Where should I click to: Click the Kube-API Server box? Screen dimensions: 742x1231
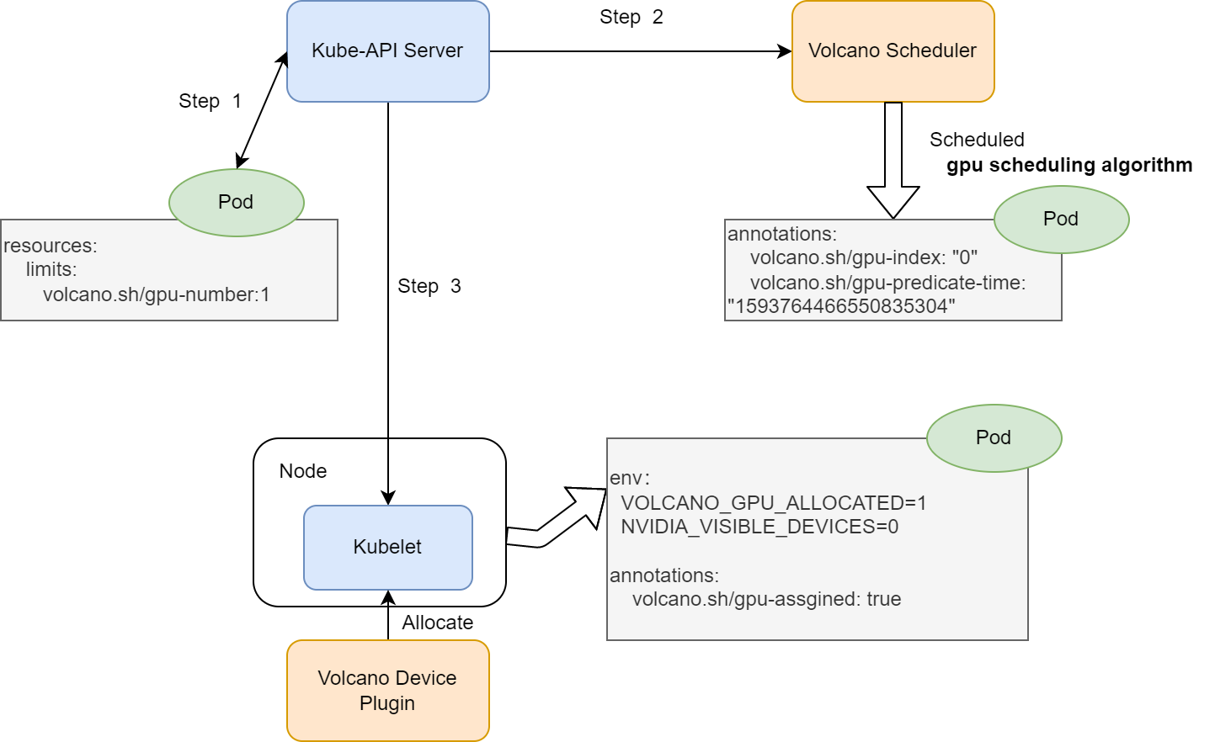click(387, 51)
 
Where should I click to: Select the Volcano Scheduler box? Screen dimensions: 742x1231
click(893, 51)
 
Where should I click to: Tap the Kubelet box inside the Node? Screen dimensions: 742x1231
click(387, 547)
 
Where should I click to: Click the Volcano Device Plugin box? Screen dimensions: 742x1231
click(387, 690)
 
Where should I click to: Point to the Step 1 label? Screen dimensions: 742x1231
click(210, 101)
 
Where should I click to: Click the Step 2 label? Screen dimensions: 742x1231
click(631, 17)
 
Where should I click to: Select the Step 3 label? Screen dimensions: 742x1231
click(429, 286)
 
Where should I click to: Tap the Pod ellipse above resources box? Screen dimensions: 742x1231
click(236, 202)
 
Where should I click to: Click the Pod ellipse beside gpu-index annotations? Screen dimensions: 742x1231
click(1061, 219)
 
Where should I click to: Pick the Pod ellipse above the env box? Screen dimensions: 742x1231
click(994, 437)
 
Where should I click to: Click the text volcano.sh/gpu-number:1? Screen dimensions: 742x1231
click(156, 294)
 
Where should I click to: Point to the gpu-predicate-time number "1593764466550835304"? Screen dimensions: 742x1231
click(841, 306)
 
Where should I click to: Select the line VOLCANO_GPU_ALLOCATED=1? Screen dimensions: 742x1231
click(773, 503)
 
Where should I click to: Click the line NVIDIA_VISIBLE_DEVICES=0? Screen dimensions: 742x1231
click(759, 527)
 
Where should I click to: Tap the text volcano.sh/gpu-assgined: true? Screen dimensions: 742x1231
click(766, 599)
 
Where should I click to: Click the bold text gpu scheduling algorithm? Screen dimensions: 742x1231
click(1069, 165)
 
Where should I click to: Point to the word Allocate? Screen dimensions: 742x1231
click(437, 623)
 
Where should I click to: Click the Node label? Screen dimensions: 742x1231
click(303, 471)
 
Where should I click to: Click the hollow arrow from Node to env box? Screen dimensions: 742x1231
click(556, 522)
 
